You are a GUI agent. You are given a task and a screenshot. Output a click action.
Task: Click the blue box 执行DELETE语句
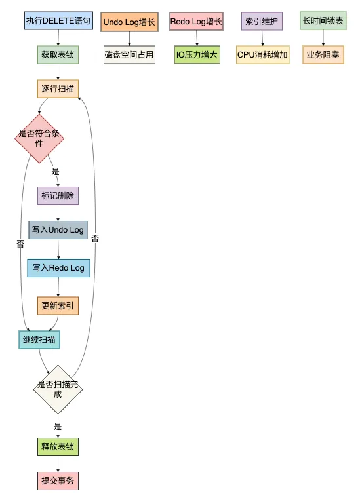click(58, 21)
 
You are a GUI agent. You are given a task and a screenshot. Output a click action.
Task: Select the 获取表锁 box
click(58, 54)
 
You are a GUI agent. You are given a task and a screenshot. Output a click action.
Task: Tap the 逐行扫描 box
click(58, 88)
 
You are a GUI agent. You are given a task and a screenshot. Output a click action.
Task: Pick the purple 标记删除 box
click(58, 196)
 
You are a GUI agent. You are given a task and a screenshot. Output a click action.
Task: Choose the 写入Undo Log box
click(58, 230)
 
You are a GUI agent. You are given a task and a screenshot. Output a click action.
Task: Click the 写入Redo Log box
click(58, 268)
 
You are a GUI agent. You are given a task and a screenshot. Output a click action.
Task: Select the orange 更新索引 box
click(58, 305)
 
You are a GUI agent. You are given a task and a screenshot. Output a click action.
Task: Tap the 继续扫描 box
click(39, 340)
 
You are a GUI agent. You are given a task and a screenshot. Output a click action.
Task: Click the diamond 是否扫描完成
click(58, 389)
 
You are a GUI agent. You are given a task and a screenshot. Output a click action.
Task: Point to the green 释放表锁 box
click(58, 448)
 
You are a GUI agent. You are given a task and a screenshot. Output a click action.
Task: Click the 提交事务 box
click(58, 482)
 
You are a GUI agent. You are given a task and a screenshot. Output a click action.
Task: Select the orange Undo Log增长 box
click(129, 22)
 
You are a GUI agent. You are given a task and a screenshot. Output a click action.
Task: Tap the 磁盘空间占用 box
click(129, 55)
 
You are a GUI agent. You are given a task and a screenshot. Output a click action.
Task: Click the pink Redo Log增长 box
click(196, 22)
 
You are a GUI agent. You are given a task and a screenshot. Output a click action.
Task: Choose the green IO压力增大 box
click(197, 55)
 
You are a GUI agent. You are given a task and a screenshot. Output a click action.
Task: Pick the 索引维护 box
click(262, 22)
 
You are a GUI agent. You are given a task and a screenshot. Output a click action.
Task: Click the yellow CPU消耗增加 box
click(262, 55)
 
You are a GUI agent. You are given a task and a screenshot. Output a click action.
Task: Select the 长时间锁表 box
click(323, 21)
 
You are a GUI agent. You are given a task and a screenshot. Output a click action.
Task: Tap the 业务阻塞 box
click(323, 55)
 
